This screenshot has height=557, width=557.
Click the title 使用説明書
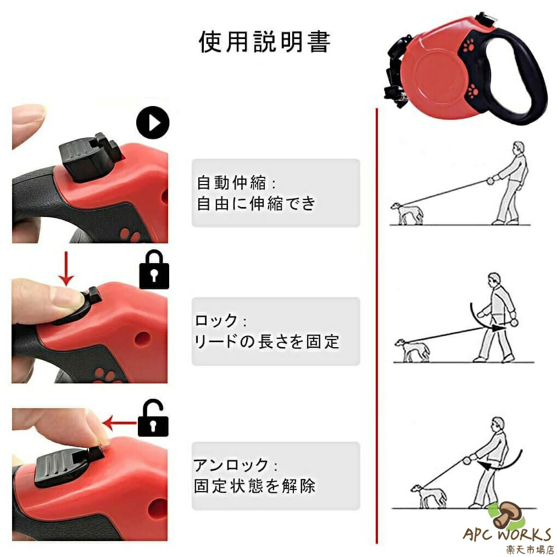pos(265,42)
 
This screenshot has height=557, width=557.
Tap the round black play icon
pos(153,122)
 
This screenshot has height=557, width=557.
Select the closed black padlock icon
pos(154,270)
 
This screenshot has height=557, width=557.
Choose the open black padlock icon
pos(153,418)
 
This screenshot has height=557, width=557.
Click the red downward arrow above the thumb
pos(66,269)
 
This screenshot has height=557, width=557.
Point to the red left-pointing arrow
pos(120,422)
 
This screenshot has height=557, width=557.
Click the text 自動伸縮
pos(231,183)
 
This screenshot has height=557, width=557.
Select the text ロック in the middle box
pos(216,320)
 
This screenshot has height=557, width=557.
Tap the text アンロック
pos(231,465)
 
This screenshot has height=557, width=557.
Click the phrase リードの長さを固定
pos(266,341)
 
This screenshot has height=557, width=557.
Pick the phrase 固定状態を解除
pos(254,486)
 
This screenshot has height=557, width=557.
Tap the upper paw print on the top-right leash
pos(469,46)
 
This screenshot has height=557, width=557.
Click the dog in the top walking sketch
pos(406,213)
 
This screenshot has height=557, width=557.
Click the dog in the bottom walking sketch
pos(428,495)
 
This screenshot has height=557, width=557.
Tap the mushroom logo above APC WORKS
pos(506,515)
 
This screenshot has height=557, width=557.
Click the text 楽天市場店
pos(530,549)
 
